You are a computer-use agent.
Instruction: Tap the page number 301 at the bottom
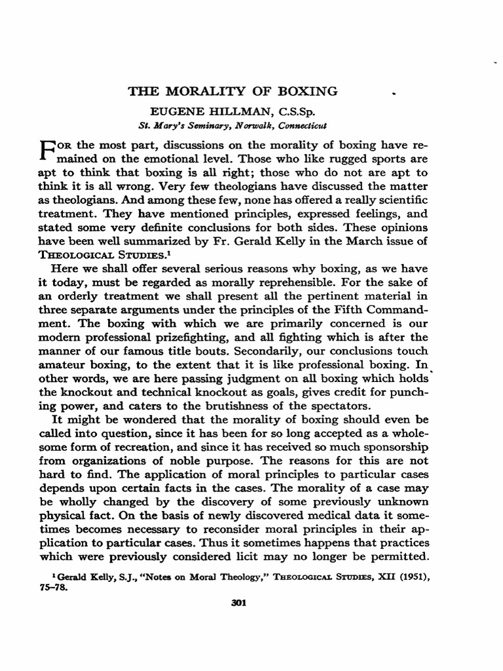tap(239, 604)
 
